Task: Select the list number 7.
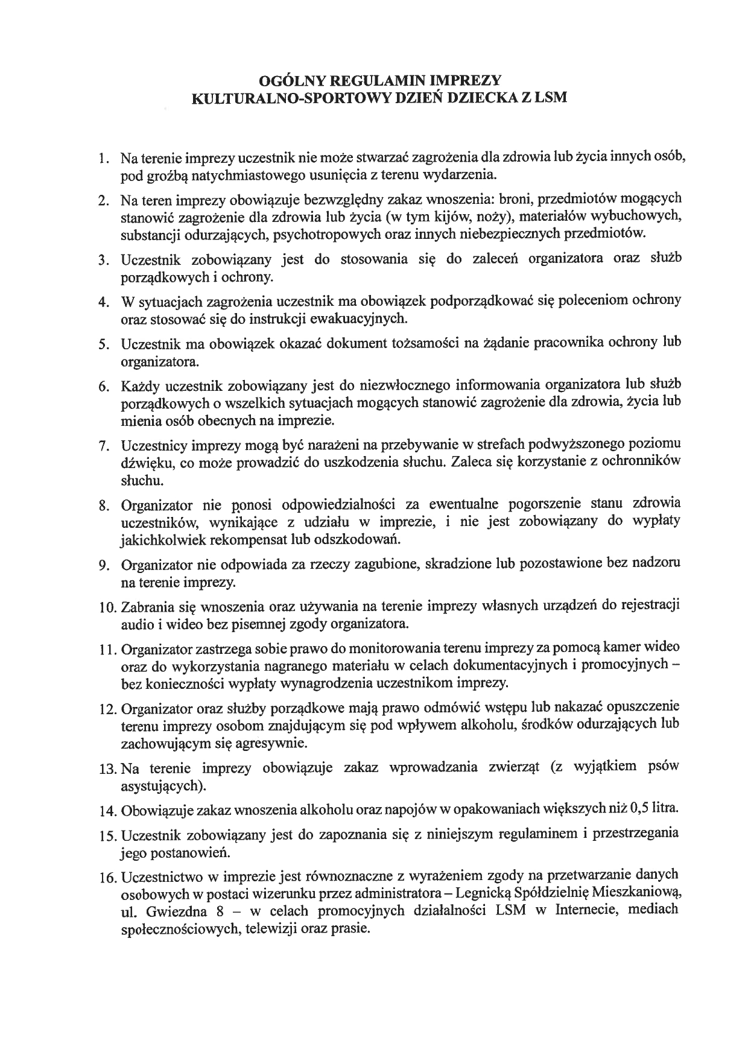[103, 446]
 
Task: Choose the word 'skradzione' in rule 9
[459, 564]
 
